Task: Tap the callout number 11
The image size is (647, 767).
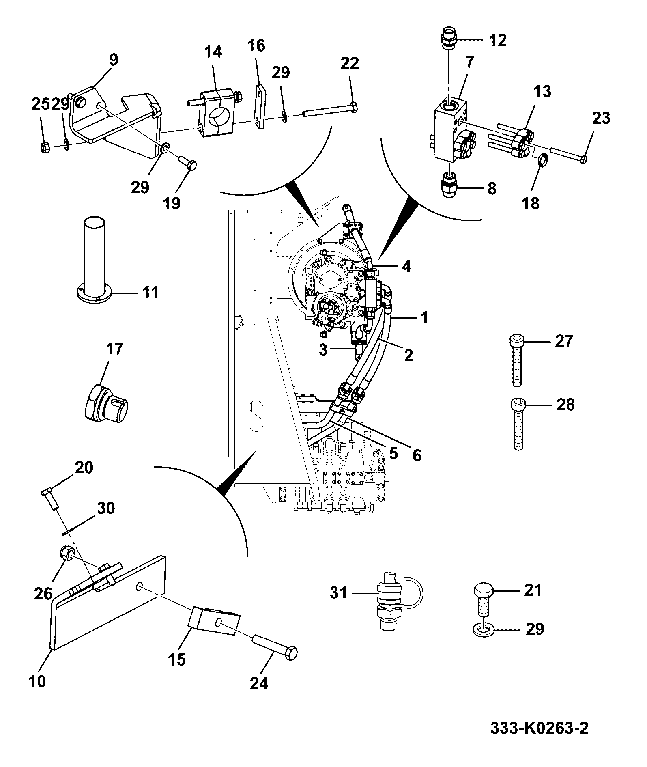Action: point(151,292)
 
